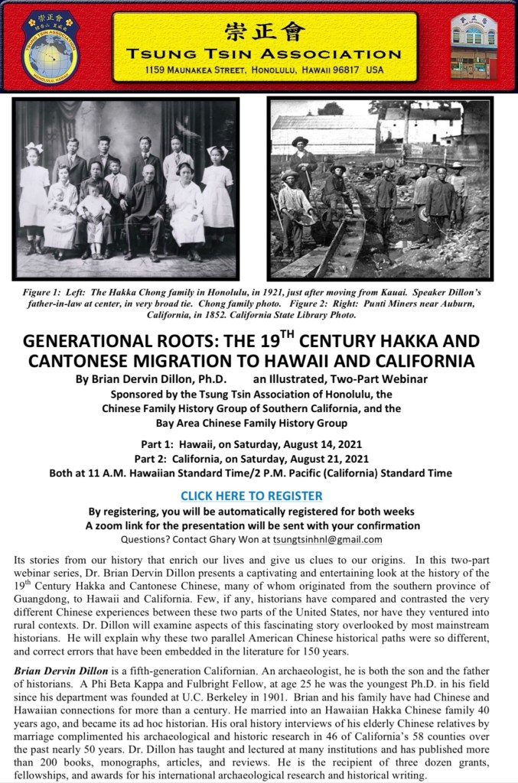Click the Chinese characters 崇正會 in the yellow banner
click(265, 31)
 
